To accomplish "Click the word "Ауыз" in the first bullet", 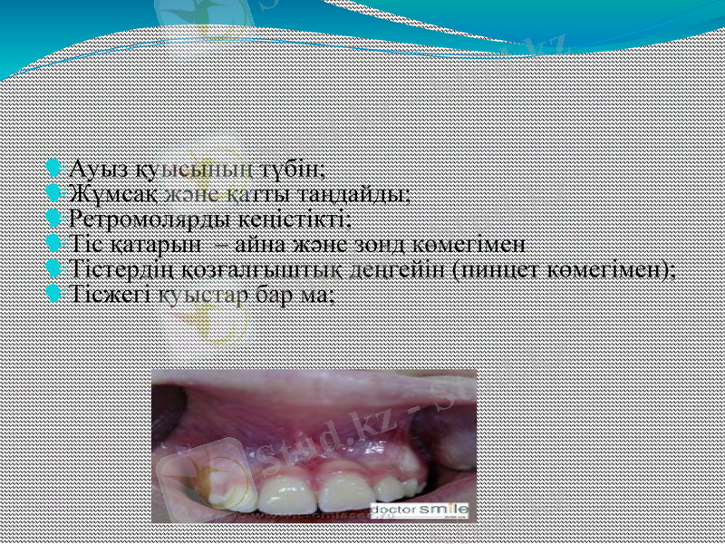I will [x=98, y=170].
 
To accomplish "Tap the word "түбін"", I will [x=293, y=170].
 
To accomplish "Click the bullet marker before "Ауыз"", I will [x=54, y=169].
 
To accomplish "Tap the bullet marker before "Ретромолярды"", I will [x=54, y=219].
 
